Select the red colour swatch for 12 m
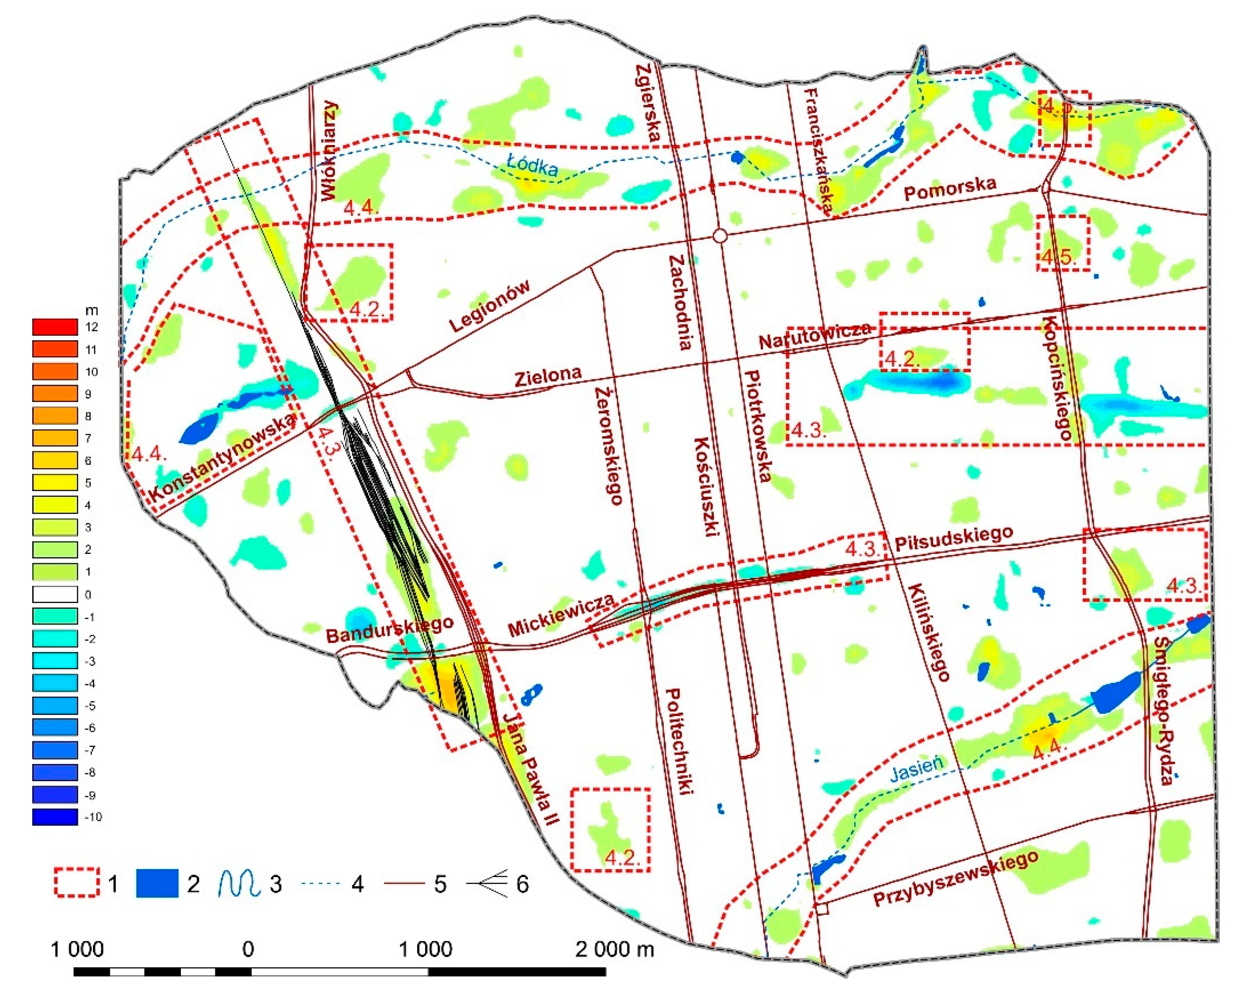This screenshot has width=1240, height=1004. pyautogui.click(x=55, y=327)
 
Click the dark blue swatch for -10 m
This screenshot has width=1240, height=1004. pyautogui.click(x=55, y=817)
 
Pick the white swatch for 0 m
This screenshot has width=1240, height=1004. pyautogui.click(x=55, y=595)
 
